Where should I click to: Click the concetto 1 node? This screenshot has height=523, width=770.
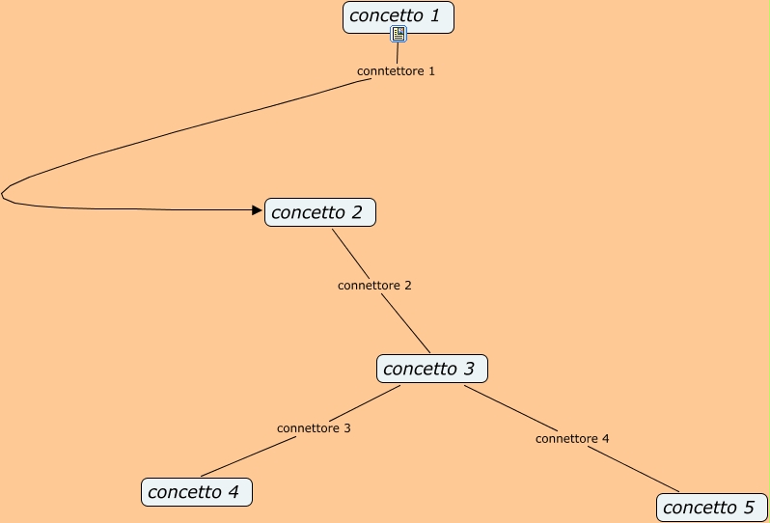[x=398, y=16]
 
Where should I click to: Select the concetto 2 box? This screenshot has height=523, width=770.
[x=319, y=212]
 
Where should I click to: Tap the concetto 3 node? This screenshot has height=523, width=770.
[x=431, y=369]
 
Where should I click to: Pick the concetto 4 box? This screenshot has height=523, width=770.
[x=196, y=492]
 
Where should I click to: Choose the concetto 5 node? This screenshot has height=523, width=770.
[x=711, y=508]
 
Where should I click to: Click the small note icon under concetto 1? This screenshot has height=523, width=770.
[x=399, y=35]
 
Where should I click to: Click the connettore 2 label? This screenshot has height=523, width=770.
[x=374, y=286]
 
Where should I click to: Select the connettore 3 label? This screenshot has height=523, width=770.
[x=314, y=428]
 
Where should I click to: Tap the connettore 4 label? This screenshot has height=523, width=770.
[x=572, y=439]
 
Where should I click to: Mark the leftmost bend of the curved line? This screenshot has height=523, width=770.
[x=4, y=194]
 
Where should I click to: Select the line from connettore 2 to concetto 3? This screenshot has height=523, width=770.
[x=405, y=323]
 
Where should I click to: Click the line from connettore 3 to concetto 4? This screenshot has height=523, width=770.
[x=249, y=456]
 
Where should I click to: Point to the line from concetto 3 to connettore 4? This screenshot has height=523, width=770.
[x=509, y=406]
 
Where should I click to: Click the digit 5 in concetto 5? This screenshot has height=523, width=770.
[x=749, y=508]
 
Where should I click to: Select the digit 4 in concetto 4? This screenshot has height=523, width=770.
[x=233, y=492]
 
